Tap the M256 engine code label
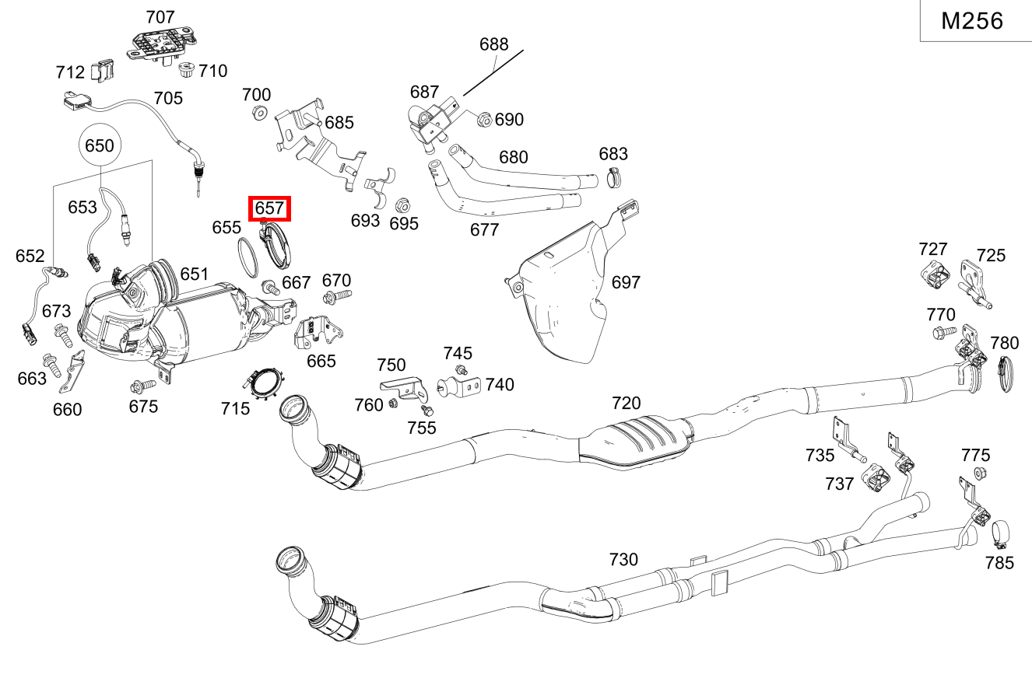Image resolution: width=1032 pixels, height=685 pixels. coord(972,21)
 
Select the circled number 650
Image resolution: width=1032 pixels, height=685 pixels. coord(99,145)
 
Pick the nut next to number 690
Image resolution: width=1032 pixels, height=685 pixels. coord(483,120)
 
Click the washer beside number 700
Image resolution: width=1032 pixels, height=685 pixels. coord(258,114)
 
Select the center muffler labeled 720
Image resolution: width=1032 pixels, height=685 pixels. coord(634,443)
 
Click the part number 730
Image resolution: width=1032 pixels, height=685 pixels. coord(623,560)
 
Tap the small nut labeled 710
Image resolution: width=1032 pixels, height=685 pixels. coord(186,72)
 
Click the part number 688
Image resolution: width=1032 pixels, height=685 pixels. coord(493,44)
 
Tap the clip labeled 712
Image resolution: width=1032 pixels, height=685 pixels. coord(103,71)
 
